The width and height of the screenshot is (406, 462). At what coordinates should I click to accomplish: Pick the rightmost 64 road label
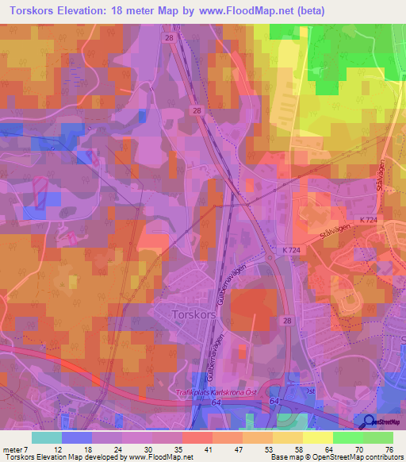tap(274, 403)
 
